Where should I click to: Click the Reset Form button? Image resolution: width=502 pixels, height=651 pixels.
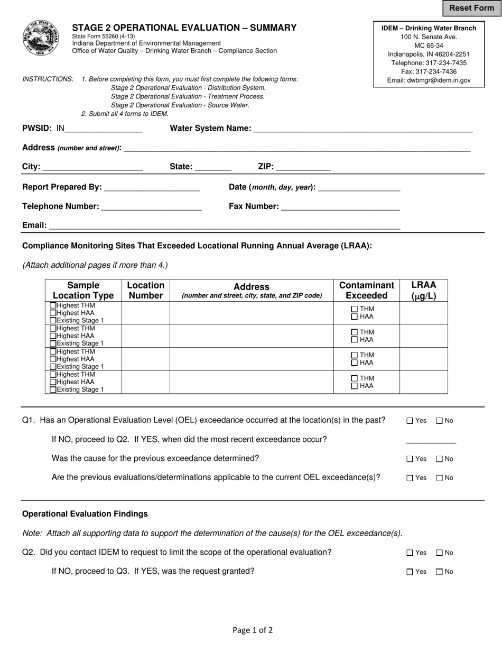point(471,8)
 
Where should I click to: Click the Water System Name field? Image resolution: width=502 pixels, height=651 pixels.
point(362,128)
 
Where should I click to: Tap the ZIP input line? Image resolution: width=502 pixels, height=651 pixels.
point(303,167)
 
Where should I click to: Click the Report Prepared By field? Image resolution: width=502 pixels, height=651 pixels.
point(152,187)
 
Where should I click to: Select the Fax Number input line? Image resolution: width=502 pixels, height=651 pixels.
point(340,206)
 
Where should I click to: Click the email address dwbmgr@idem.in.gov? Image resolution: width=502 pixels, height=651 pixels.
point(429,80)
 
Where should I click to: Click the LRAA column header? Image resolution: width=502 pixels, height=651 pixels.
point(423,290)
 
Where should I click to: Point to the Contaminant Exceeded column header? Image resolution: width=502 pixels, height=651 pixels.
point(366,290)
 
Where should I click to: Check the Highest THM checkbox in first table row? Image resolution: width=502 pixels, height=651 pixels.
point(53,305)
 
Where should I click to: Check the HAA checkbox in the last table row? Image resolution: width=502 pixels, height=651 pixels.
point(355,386)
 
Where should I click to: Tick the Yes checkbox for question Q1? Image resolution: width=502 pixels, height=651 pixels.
point(410,421)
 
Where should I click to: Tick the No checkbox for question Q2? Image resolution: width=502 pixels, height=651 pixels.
point(439,553)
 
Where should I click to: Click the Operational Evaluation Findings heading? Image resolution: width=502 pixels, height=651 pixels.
point(85,514)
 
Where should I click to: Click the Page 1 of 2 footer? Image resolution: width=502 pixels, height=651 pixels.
point(253,630)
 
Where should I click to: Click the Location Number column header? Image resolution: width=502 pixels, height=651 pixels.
point(145,290)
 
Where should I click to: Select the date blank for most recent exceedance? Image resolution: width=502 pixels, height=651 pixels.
point(430,440)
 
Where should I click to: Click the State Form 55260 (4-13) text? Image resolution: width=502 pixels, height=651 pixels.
point(104,36)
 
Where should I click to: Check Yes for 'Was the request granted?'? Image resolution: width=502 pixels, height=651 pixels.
point(410,572)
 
